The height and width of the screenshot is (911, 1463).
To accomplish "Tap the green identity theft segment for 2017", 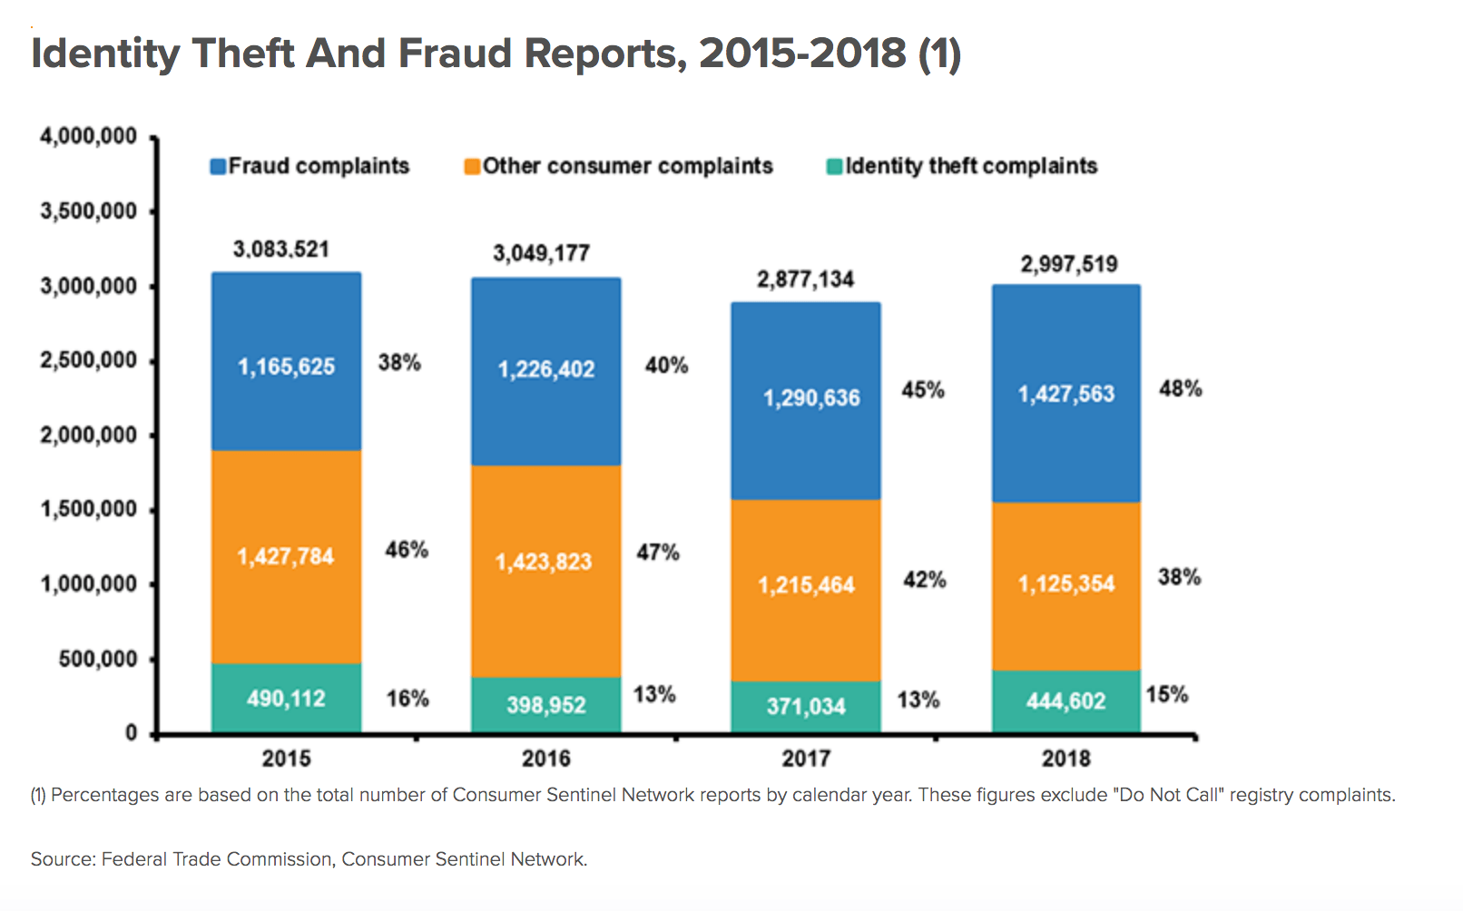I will [805, 706].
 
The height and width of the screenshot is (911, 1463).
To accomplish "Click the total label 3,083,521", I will [281, 250].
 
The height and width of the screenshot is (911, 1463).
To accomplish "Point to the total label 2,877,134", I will [806, 279].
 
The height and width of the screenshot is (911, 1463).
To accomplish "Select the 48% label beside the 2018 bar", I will [1180, 389].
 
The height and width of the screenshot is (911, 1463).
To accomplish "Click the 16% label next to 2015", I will [407, 699].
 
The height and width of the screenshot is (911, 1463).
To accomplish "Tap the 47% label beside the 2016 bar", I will [658, 553].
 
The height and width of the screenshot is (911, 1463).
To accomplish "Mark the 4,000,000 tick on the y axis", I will [88, 137].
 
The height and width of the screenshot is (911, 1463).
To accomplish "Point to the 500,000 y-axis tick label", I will [98, 659].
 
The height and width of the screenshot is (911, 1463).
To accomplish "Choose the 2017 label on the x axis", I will [806, 759].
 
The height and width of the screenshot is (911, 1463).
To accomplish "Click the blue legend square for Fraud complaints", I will [218, 167].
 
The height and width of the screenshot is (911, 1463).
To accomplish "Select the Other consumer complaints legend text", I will [627, 166].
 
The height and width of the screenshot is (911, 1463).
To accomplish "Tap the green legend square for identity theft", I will [834, 167].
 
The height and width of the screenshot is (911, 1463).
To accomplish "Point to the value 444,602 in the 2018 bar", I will [1065, 701].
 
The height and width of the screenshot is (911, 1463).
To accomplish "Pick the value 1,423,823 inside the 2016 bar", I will [543, 563].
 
